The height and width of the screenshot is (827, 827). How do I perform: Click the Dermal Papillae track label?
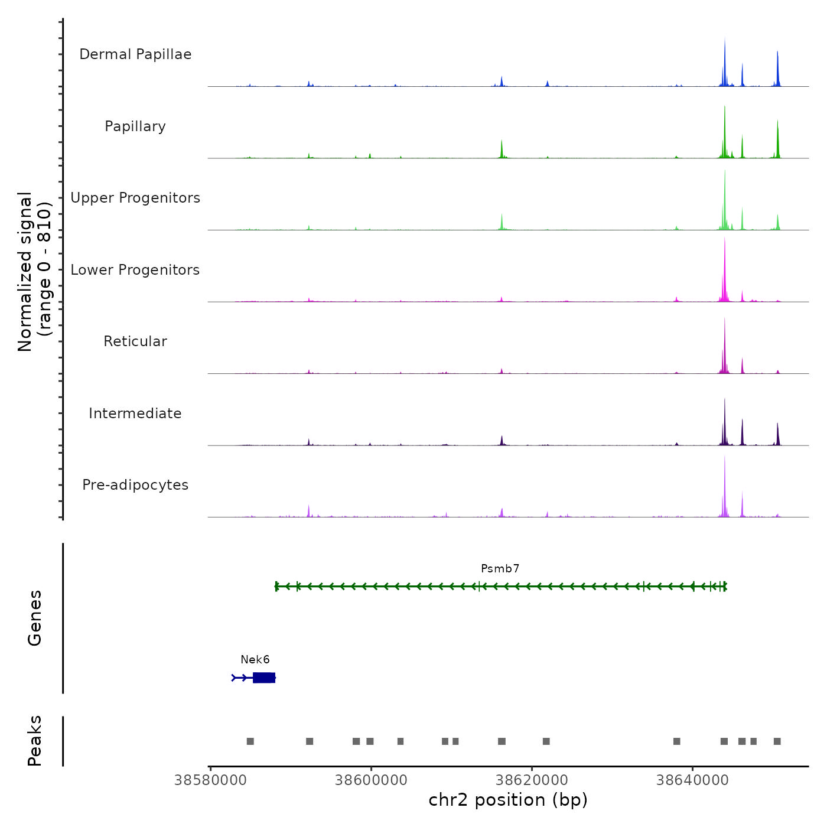135,54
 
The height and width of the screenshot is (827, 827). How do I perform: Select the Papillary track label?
135,126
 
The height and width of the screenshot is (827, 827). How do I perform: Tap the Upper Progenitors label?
135,198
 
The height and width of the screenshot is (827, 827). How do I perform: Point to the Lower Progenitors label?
135,270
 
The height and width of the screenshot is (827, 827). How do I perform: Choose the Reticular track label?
135,341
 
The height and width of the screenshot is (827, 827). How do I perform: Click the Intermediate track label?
135,413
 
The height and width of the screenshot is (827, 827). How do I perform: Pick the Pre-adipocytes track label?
135,485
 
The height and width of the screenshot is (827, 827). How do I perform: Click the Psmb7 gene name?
500,569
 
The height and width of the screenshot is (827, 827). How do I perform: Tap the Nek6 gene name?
255,660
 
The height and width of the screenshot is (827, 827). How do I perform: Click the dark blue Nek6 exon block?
263,678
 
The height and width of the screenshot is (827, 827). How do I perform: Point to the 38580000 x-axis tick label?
210,780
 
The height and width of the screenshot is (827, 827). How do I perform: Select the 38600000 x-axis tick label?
371,780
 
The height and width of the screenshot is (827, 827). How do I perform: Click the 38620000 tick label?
532,780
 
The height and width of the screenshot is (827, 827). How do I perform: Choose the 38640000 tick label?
692,780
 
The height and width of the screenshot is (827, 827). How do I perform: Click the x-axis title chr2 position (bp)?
508,800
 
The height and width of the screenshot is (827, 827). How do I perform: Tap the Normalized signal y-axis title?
34,272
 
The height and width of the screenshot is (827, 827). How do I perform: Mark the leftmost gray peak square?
250,741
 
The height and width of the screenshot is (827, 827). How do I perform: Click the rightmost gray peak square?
777,741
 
